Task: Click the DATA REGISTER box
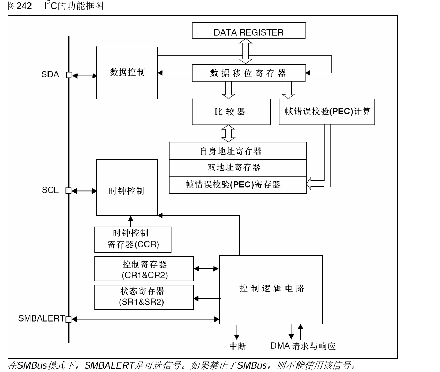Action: pyautogui.click(x=248, y=31)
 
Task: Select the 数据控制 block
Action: pyautogui.click(x=127, y=73)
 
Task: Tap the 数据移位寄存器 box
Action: pyautogui.click(x=248, y=73)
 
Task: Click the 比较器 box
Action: pyautogui.click(x=231, y=112)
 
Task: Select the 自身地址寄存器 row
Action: pyautogui.click(x=238, y=151)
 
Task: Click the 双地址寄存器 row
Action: pyautogui.click(x=238, y=168)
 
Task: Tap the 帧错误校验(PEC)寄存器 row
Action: pyautogui.click(x=238, y=185)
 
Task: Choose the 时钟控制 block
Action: pyautogui.click(x=127, y=190)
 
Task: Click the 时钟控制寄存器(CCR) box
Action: pyautogui.click(x=133, y=240)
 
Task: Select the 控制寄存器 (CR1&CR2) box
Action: pyautogui.click(x=144, y=269)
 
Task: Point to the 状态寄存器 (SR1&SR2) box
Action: pyautogui.click(x=144, y=297)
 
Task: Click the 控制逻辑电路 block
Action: pyautogui.click(x=271, y=289)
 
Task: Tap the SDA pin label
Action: pyautogui.click(x=50, y=75)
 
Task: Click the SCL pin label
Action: pyautogui.click(x=50, y=190)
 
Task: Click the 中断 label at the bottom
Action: pyautogui.click(x=238, y=346)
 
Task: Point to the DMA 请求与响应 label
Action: pyautogui.click(x=303, y=346)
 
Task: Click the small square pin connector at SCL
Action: pyautogui.click(x=69, y=190)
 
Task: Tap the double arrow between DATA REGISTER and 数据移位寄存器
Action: pyautogui.click(x=246, y=51)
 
